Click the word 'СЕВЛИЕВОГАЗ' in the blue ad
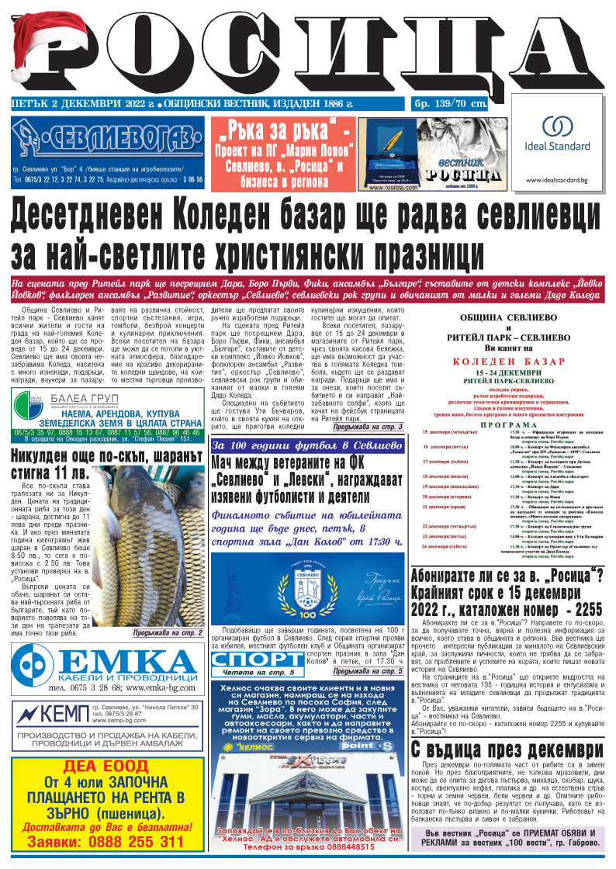coord(114,141)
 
